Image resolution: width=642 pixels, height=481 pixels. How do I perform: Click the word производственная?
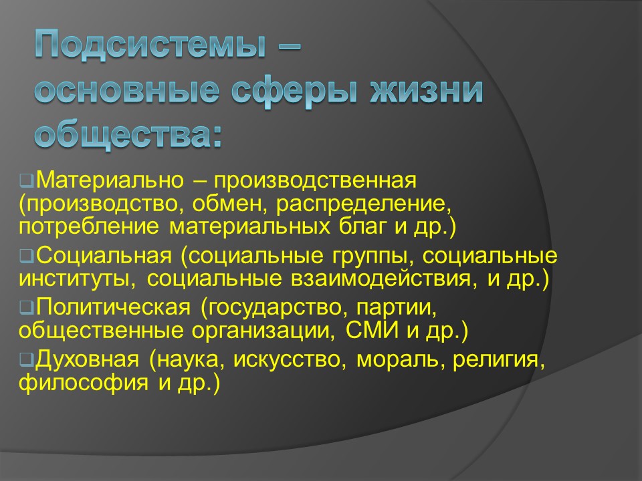coord(316,180)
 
